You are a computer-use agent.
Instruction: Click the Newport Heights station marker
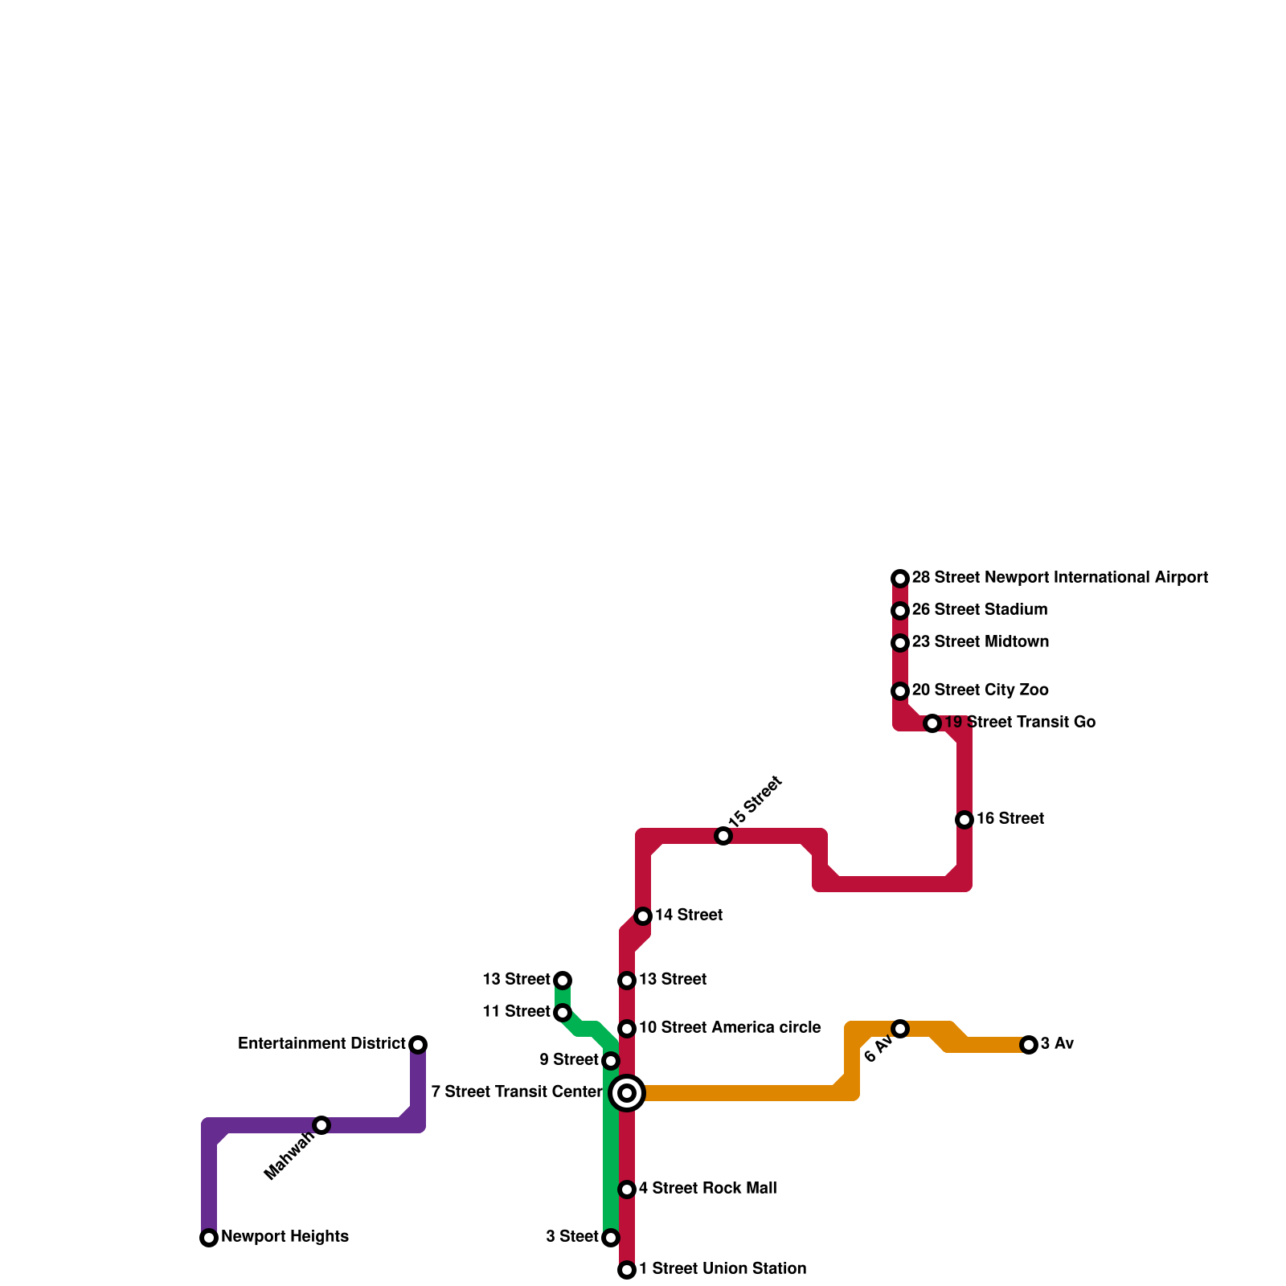209,1238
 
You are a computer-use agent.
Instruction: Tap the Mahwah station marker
321,1125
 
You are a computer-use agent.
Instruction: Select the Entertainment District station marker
418,1045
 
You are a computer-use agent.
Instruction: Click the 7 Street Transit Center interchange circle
627,1093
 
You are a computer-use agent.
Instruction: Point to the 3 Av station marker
1029,1045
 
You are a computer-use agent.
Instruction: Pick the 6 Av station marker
900,1029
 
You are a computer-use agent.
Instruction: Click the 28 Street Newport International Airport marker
900,579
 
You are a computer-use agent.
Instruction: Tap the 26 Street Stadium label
979,610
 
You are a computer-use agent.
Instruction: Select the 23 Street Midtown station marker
900,643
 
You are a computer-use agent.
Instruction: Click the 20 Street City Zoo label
979,690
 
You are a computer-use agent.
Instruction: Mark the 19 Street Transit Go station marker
932,723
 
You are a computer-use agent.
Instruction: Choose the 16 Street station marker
964,820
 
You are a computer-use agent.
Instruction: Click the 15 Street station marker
723,836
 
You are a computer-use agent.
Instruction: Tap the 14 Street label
688,915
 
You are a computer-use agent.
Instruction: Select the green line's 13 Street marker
563,981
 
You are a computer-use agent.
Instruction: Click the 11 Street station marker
563,1013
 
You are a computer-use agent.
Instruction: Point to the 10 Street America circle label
729,1028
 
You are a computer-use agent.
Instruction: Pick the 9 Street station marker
611,1061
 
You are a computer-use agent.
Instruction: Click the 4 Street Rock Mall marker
627,1190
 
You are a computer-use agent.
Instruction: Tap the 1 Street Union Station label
722,1269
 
